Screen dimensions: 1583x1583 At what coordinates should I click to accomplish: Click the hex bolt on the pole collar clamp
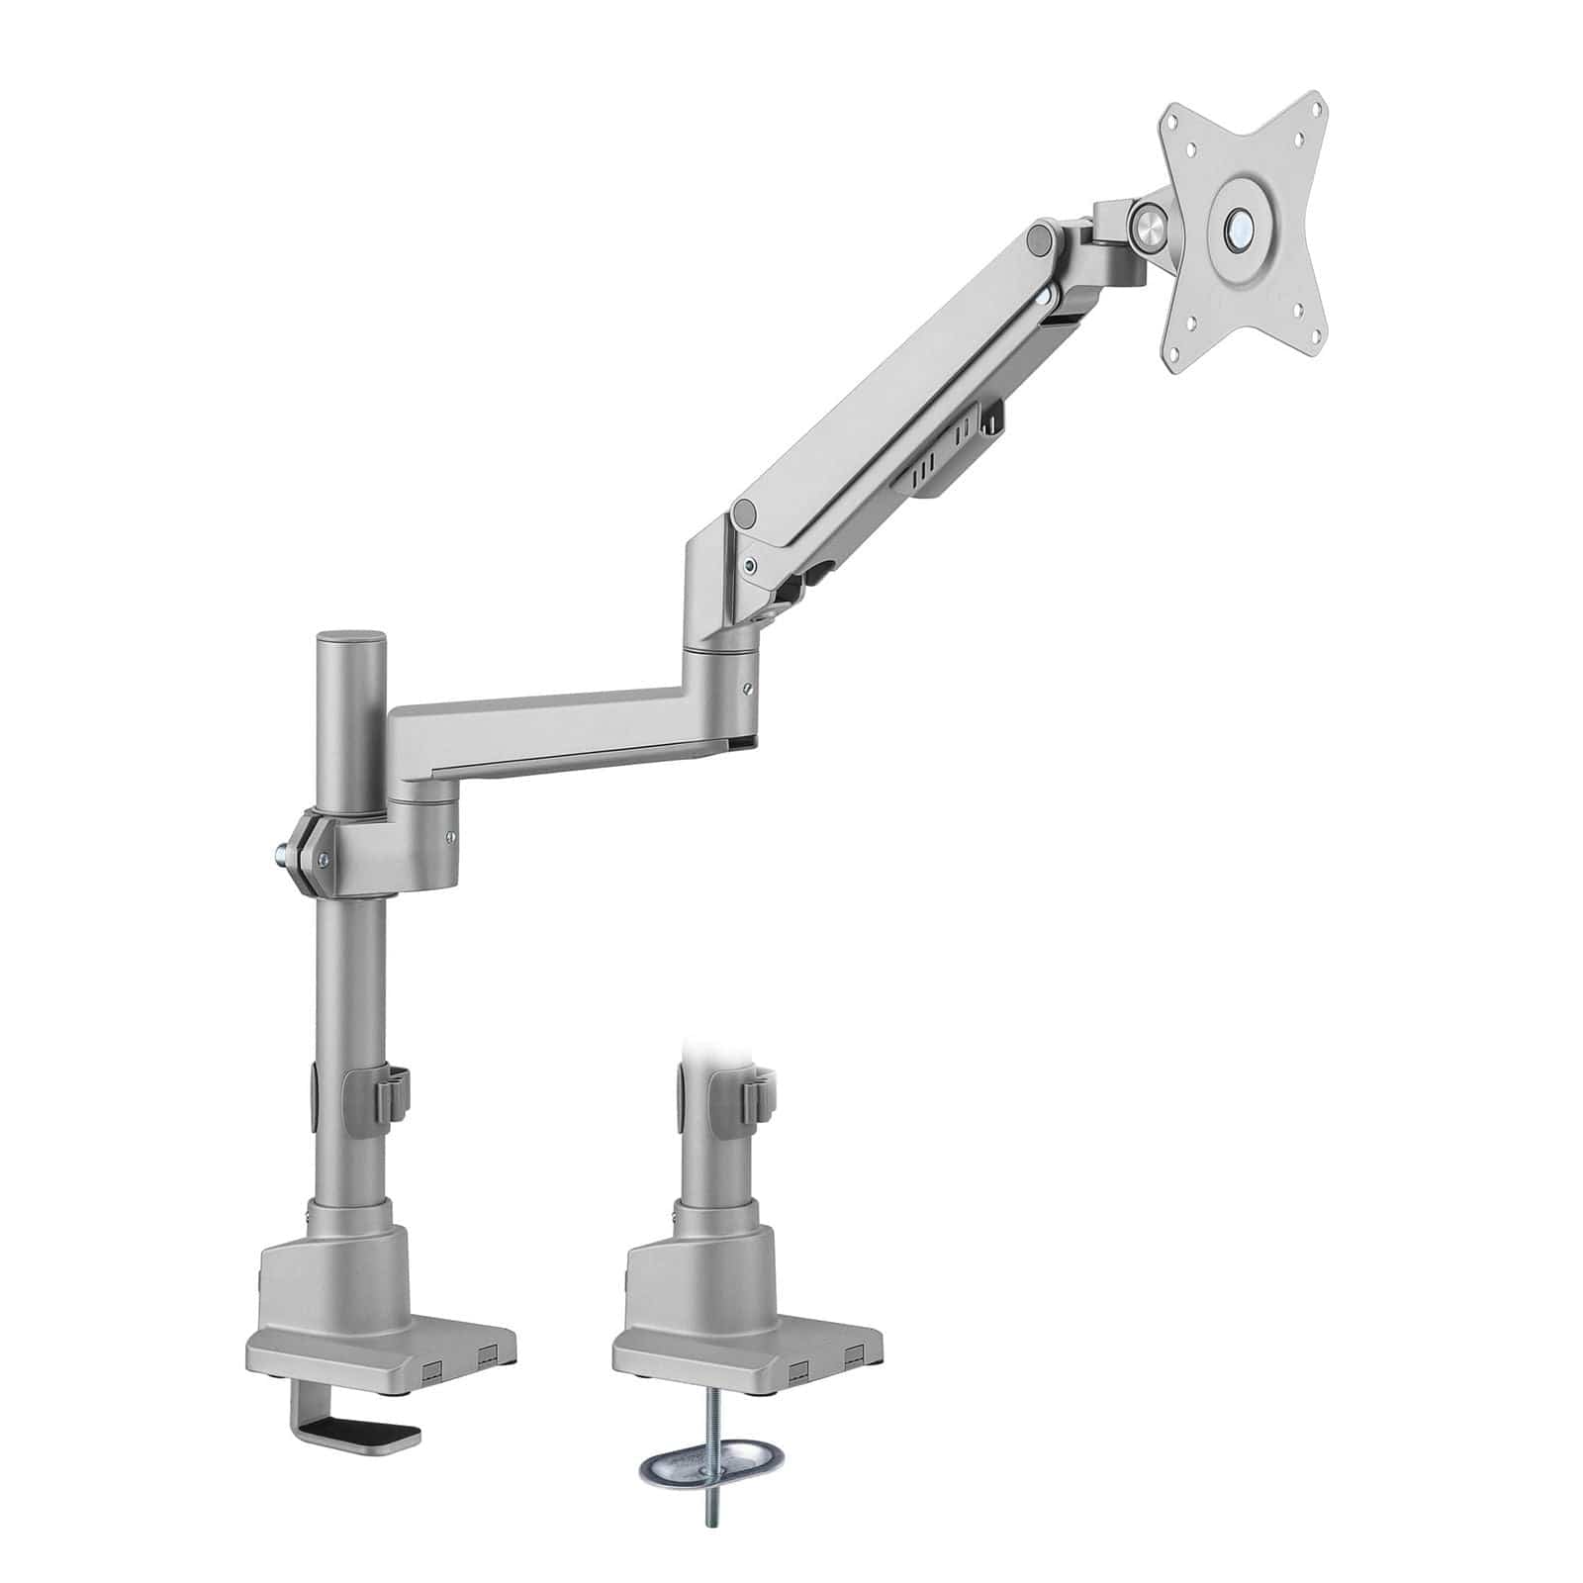(x=281, y=850)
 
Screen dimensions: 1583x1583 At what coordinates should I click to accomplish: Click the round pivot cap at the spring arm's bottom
(x=745, y=513)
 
